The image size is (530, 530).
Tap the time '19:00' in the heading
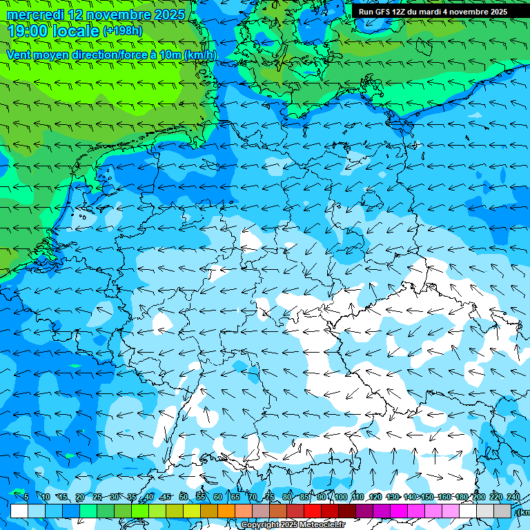27,31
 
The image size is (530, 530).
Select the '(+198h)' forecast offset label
123,31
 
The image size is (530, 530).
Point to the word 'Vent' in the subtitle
19,55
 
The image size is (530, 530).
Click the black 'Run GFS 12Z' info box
433,12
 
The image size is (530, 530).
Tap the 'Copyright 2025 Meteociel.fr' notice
293,525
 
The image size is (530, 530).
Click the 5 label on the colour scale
26,497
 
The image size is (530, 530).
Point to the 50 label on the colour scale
184,497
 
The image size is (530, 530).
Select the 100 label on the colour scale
341,497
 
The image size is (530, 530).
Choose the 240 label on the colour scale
513,497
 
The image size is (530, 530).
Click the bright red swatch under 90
313,511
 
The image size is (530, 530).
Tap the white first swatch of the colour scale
19,511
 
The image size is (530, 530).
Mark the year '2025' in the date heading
168,14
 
